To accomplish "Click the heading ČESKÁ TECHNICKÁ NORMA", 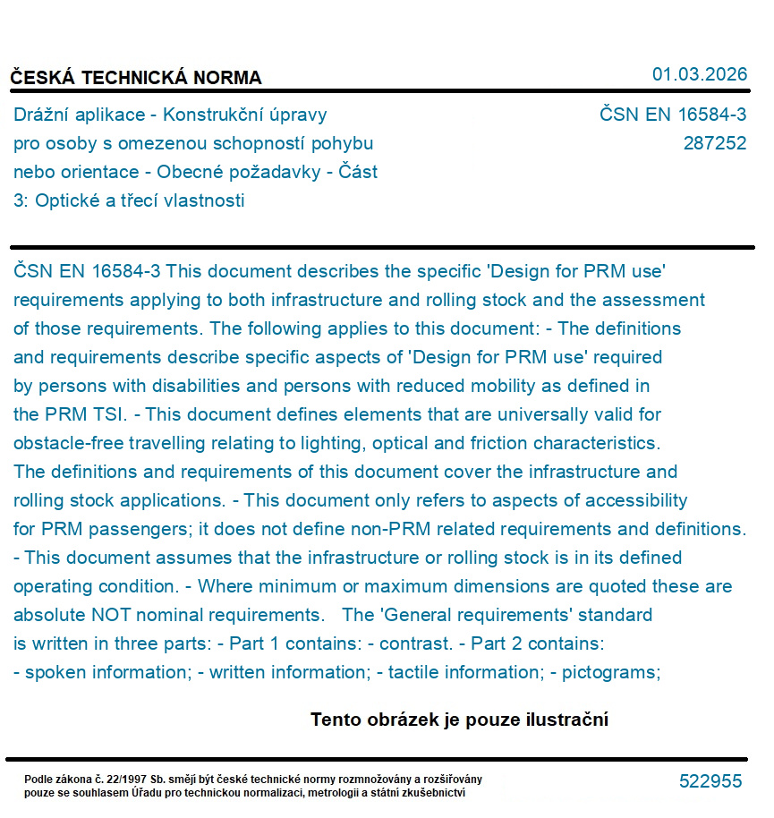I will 136,78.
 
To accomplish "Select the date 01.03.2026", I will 700,74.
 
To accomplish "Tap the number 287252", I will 714,143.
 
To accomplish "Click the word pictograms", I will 611,672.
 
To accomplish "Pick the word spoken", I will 55,672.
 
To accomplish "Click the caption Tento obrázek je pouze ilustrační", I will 459,720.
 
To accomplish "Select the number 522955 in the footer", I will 710,781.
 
